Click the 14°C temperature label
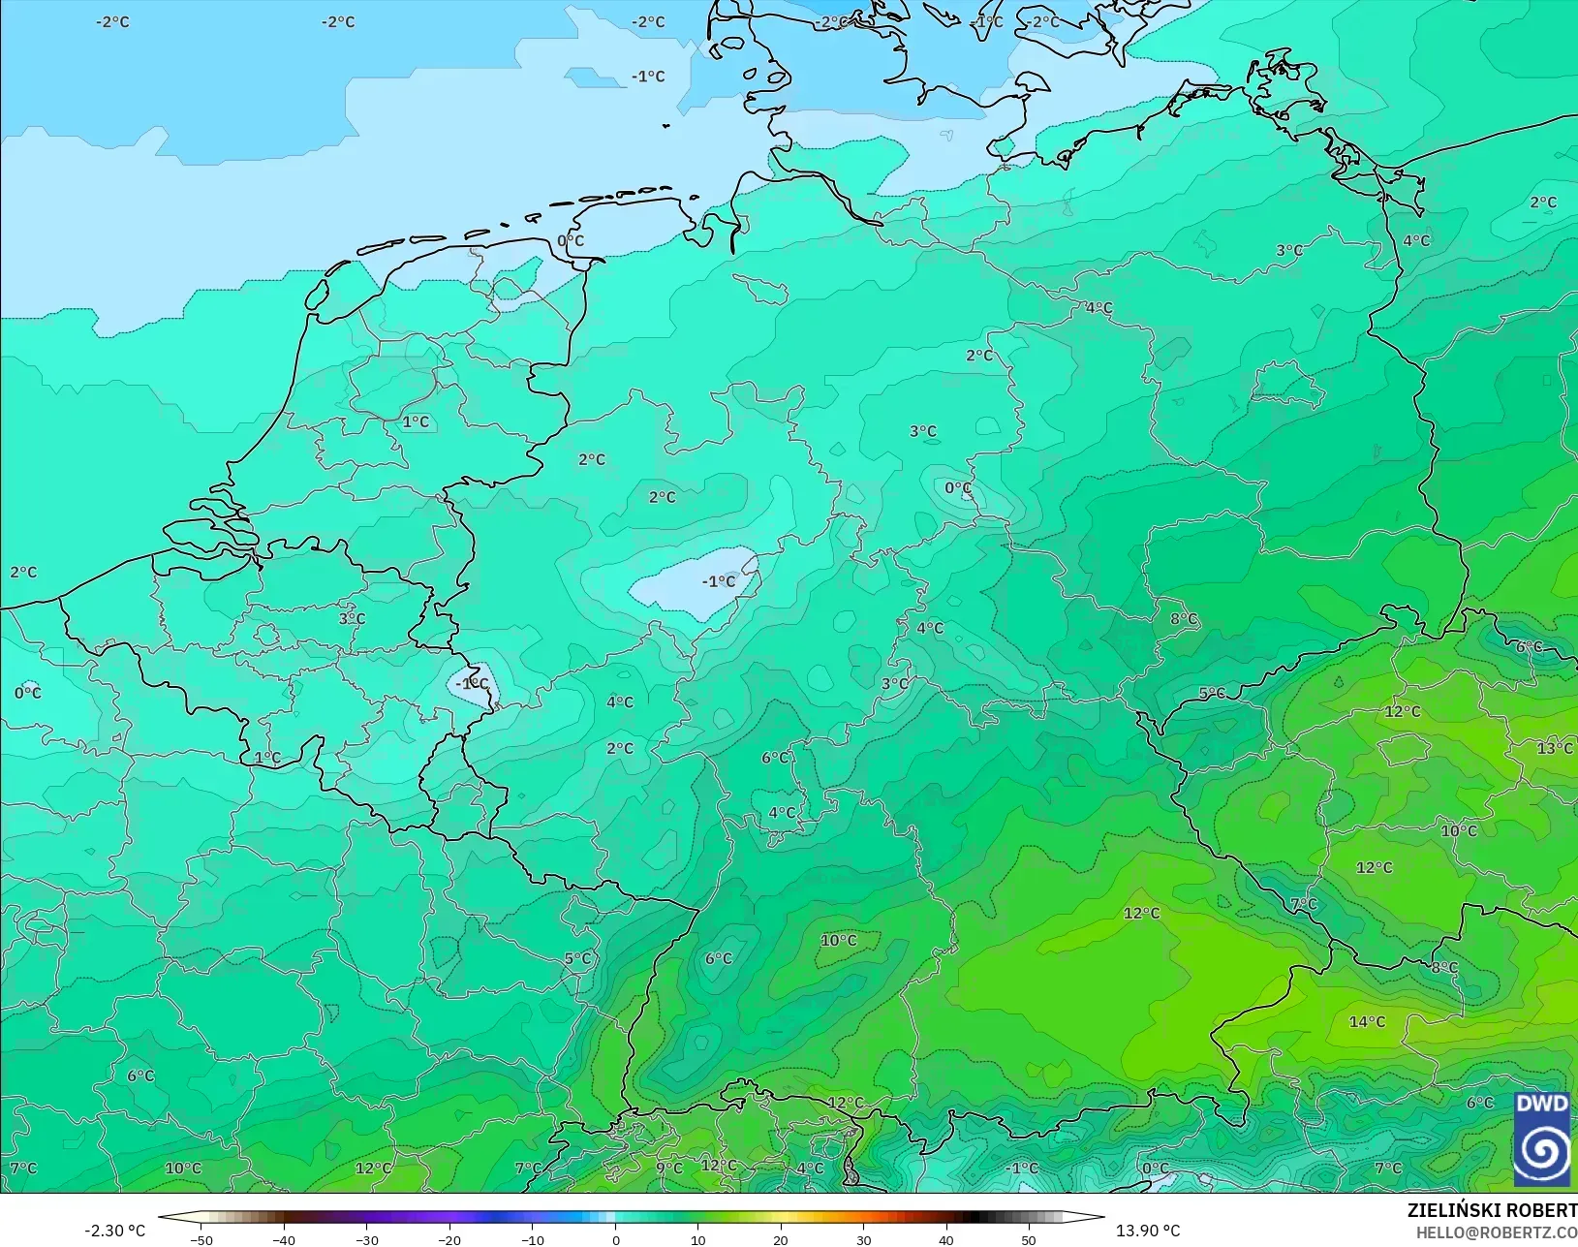[x=1367, y=1021]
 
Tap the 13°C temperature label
[x=1554, y=748]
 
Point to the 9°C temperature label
[x=669, y=1168]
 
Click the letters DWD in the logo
[x=1542, y=1104]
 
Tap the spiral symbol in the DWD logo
[x=1542, y=1151]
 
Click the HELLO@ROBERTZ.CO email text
[x=1497, y=1232]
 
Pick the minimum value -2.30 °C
[x=114, y=1231]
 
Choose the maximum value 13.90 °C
[x=1148, y=1231]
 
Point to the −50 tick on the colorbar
[x=201, y=1239]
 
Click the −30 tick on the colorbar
[x=367, y=1239]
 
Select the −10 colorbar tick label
[x=532, y=1239]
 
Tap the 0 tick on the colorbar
[x=615, y=1239]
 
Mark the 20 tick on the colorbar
[x=781, y=1239]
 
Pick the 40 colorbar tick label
[x=946, y=1239]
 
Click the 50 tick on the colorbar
[x=1029, y=1239]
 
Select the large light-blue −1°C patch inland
[x=693, y=586]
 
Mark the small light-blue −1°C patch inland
[x=474, y=683]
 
